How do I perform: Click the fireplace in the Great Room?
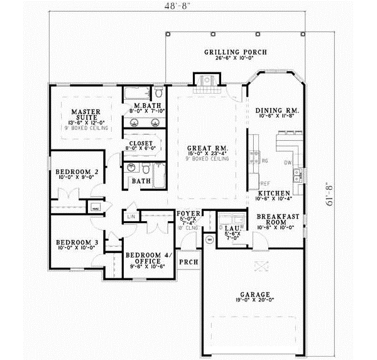(205, 81)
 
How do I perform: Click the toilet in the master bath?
(158, 94)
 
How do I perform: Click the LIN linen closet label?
(131, 217)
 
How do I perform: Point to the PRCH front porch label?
(187, 261)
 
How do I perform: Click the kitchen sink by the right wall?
(300, 178)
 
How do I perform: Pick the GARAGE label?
(254, 293)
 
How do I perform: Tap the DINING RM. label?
(276, 111)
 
